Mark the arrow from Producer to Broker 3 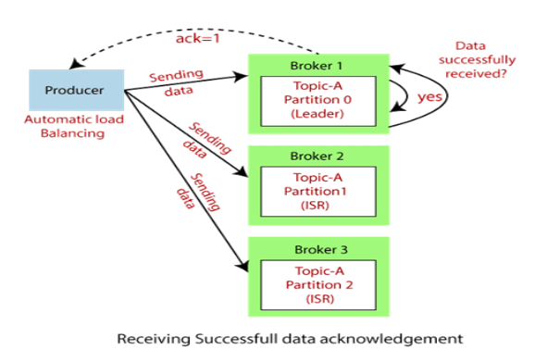pos(185,181)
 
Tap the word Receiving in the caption pos(147,338)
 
